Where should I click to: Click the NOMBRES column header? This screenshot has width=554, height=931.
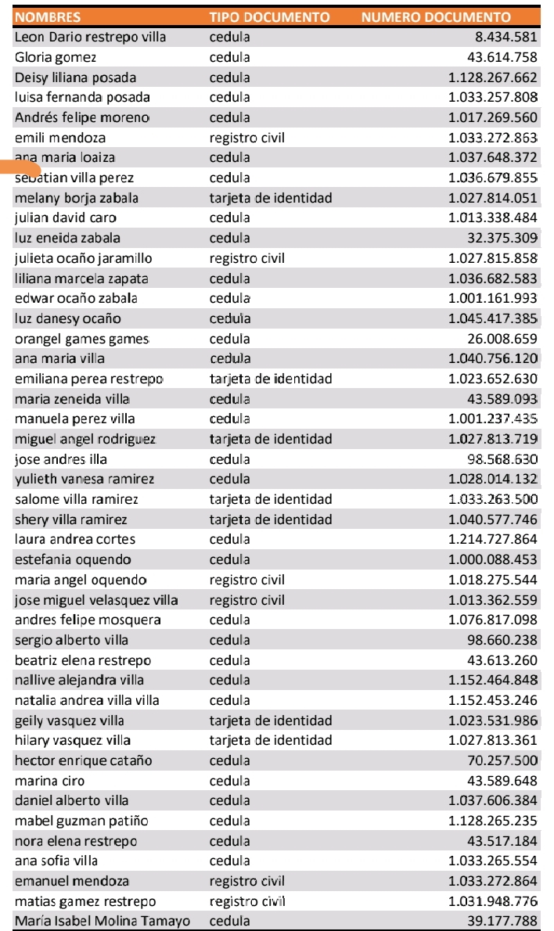pos(48,16)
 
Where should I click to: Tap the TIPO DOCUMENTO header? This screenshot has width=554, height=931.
pos(269,16)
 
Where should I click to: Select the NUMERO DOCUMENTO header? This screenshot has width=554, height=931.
pos(436,16)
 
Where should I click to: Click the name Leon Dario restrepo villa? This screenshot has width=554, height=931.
pos(90,37)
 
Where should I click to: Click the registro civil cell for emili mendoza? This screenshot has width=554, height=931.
pos(246,138)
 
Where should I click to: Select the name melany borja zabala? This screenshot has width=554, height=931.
pos(77,198)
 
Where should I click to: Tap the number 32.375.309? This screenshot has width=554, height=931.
pos(502,238)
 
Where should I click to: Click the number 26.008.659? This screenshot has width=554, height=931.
pos(502,339)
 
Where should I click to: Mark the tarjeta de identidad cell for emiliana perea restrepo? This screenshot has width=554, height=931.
pos(271,379)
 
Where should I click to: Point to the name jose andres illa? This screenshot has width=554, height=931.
pos(61,459)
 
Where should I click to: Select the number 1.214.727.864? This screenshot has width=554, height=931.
pos(493,539)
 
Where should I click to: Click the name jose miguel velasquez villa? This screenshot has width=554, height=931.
pos(96,600)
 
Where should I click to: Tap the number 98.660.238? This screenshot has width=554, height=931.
pos(502,640)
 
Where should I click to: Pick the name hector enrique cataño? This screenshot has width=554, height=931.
pos(83,760)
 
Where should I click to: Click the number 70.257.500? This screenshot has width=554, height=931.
pos(502,760)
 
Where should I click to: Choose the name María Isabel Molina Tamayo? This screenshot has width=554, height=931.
pos(102,921)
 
